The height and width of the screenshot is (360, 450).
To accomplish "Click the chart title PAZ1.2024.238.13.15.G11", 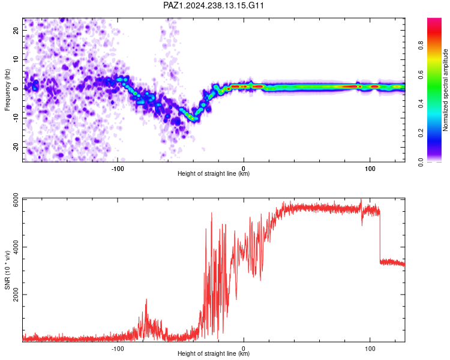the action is (213, 5).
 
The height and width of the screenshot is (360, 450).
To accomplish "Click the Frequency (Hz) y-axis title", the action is (7, 89).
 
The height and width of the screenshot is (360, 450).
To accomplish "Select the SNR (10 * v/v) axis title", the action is (7, 270).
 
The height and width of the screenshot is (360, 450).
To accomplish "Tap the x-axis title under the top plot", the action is (214, 173).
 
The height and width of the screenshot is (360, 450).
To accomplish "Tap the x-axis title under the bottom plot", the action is (214, 353).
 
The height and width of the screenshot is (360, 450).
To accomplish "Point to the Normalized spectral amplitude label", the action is (445, 90).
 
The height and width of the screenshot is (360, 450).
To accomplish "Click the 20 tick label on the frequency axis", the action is (16, 31).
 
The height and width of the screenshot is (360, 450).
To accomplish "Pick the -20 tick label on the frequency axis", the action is (16, 148).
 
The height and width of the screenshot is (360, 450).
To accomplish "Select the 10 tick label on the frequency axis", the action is (16, 60).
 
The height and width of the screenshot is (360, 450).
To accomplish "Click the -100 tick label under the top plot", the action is (118, 169).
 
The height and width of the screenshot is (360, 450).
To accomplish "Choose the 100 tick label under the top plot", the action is (370, 169).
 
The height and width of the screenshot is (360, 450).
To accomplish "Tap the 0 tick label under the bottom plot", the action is (244, 349).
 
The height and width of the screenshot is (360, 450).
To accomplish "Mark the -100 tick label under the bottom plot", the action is (118, 349).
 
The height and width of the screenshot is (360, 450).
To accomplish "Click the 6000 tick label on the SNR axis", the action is (16, 200).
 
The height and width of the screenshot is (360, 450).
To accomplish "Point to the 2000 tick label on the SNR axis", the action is (16, 295).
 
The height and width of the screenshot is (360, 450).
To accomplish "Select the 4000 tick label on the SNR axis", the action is (16, 247).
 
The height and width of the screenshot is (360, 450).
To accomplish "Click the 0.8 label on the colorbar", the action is (421, 46).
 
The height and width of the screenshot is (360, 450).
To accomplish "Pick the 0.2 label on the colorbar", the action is (421, 133).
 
